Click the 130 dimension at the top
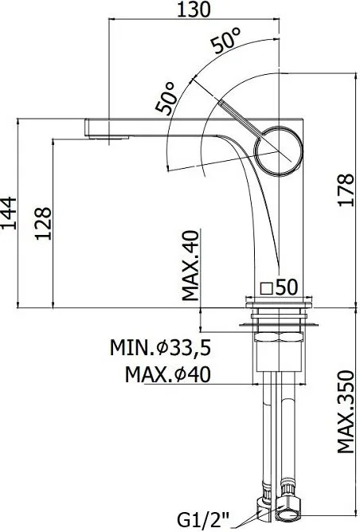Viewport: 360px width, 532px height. point(194,10)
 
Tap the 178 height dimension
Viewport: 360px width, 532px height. point(346,190)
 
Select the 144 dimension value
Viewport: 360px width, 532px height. point(8,213)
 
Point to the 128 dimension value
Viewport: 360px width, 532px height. point(44,224)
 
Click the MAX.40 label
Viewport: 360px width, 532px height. point(190,266)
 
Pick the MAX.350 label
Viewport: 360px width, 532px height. point(346,412)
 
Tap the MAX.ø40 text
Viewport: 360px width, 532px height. point(168,374)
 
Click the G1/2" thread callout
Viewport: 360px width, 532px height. point(203,520)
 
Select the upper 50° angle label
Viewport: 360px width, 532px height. point(226,40)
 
